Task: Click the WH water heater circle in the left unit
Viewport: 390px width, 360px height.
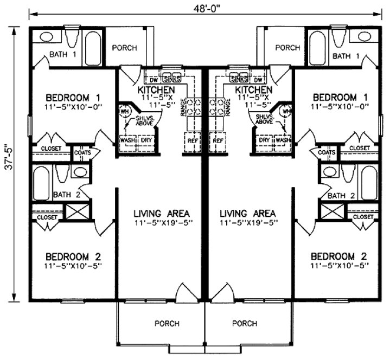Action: (x=124, y=112)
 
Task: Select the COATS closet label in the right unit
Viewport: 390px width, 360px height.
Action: (x=328, y=152)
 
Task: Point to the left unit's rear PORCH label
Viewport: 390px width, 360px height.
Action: (x=124, y=48)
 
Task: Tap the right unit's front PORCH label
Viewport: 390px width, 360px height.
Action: (x=244, y=324)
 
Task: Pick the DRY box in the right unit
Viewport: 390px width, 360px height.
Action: (x=265, y=140)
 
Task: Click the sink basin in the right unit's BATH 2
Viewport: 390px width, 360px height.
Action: (x=329, y=172)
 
